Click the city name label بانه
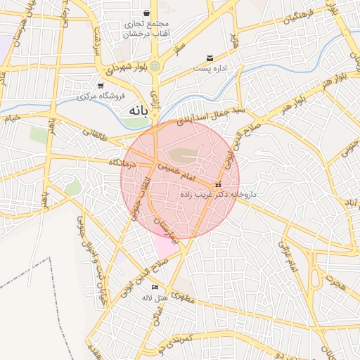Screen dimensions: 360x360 pyautogui.click(x=141, y=111)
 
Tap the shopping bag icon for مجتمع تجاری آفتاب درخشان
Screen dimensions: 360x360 pyautogui.click(x=146, y=13)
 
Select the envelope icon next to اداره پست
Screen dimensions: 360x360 pyautogui.click(x=210, y=58)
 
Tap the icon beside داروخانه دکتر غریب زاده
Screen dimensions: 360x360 pyautogui.click(x=218, y=184)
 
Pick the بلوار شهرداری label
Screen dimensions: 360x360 pyautogui.click(x=126, y=70)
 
